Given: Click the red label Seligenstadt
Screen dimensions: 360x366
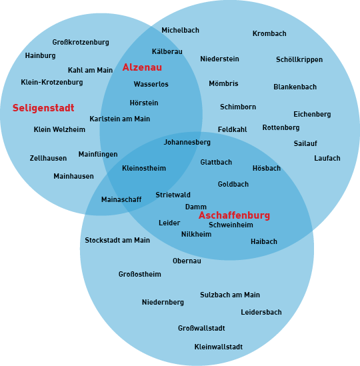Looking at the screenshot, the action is [x=43, y=108].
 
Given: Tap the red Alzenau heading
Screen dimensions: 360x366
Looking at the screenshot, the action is [x=142, y=67].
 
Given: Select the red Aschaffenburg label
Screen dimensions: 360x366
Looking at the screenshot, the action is [x=234, y=215].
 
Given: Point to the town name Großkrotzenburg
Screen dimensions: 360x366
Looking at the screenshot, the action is [x=81, y=42].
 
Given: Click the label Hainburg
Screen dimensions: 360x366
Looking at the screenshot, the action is [x=41, y=55].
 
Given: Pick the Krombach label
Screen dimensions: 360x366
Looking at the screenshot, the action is [x=269, y=33].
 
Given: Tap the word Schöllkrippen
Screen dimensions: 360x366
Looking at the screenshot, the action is [x=299, y=59].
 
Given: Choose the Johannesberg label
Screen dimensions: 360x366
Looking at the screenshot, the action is [x=187, y=142].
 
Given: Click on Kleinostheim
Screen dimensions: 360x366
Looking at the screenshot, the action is [x=144, y=168].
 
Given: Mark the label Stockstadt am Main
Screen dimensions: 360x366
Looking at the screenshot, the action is [x=117, y=240].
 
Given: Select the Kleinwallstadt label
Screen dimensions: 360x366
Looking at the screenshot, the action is [x=218, y=347].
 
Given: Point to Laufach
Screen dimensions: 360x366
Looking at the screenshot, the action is [x=327, y=158].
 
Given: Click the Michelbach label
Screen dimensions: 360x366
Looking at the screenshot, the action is [x=180, y=30].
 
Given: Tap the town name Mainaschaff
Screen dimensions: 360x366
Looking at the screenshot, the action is [x=121, y=199].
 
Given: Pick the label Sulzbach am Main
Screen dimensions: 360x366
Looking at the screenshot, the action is [x=230, y=295].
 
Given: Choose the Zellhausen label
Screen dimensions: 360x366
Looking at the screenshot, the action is [x=48, y=158].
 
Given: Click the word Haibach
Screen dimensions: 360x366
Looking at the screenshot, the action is [x=264, y=241].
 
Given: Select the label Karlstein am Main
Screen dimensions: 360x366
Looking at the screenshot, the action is [x=119, y=119].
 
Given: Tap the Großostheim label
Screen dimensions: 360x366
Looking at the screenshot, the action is [x=139, y=274].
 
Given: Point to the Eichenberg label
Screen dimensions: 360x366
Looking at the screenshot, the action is [x=312, y=114].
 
